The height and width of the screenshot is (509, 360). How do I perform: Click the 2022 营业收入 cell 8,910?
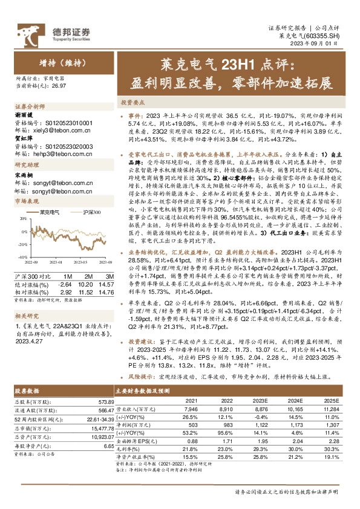coord(226,409)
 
